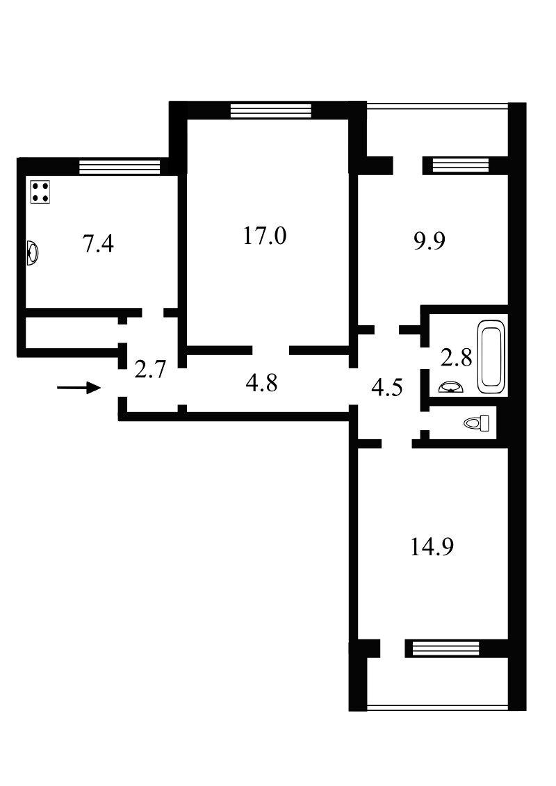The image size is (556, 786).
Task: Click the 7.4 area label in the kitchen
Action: click(x=98, y=245)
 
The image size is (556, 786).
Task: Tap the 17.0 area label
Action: click(x=265, y=235)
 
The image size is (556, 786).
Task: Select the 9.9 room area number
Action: click(x=430, y=241)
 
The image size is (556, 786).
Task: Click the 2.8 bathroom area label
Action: click(x=456, y=358)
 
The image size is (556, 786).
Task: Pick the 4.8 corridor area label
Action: click(x=261, y=383)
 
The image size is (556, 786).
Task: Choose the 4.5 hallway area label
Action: click(x=387, y=388)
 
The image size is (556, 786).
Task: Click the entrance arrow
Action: click(x=79, y=387)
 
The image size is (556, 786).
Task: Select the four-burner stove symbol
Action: click(x=40, y=192)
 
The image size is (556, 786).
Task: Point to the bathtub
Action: click(x=491, y=357)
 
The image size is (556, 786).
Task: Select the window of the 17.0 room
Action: click(x=271, y=110)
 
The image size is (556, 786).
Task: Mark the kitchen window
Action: click(x=120, y=166)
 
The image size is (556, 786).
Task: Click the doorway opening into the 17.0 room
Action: click(x=271, y=350)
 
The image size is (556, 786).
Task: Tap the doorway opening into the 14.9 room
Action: click(x=397, y=443)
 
